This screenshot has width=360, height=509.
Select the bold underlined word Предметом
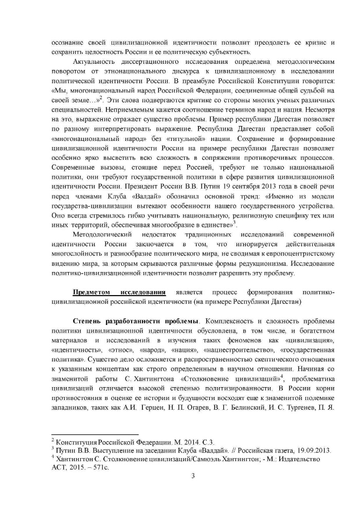92,292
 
